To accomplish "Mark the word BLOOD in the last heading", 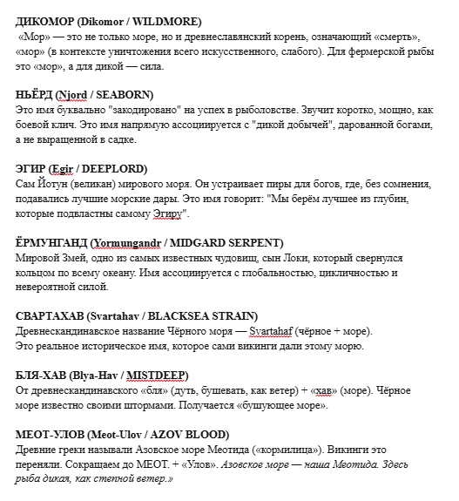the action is tap(206, 435).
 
